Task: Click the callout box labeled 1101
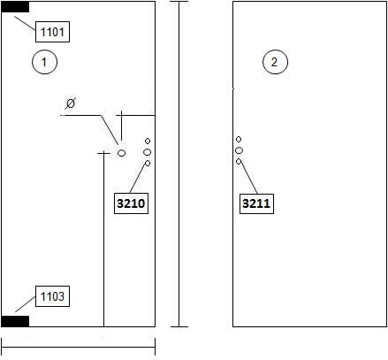(52, 32)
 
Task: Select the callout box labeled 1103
(52, 296)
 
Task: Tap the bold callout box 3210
(131, 203)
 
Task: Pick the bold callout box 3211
(256, 203)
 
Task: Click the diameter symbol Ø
(71, 103)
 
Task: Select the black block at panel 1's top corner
(15, 7)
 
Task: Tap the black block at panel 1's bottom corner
(15, 321)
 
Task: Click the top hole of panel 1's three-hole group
(148, 142)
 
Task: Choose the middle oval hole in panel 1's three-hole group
(148, 152)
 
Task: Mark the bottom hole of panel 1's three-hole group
(148, 163)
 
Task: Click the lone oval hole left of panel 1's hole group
(121, 153)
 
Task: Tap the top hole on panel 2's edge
(239, 139)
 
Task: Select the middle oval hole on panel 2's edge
(239, 150)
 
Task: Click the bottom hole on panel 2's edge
(239, 162)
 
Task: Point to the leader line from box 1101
(25, 23)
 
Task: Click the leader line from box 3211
(249, 179)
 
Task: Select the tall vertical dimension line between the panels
(179, 165)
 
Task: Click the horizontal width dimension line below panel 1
(79, 347)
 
